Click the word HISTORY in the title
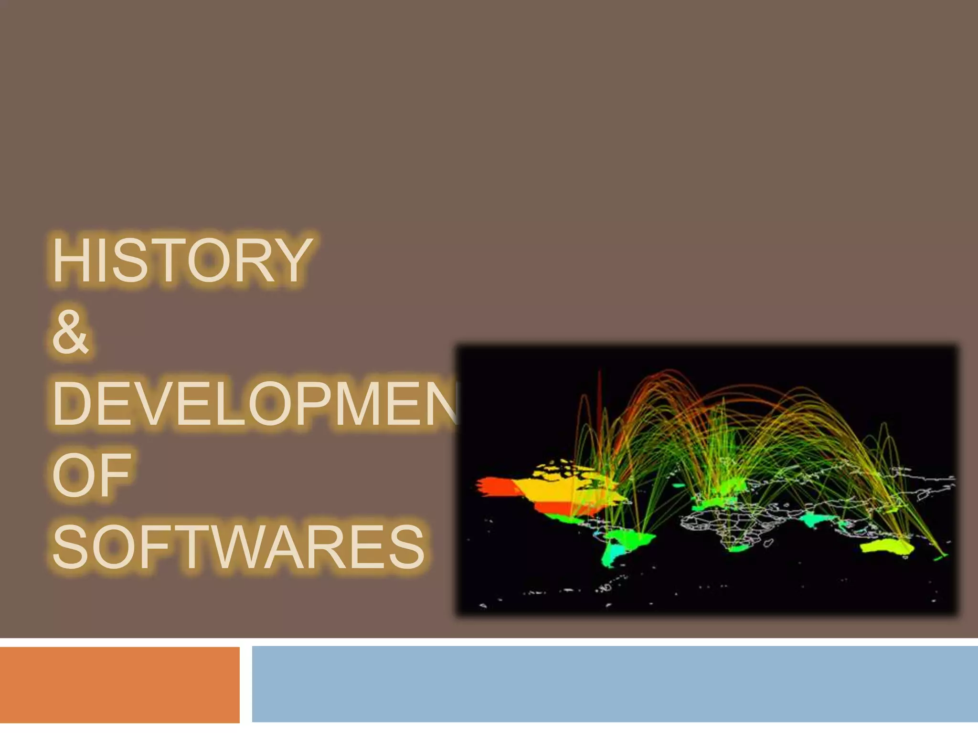181,261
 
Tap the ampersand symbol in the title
70,333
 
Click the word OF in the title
91,475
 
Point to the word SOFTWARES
238,547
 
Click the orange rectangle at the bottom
119,684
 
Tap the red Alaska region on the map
494,487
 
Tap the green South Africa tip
738,549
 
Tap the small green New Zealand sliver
940,556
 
